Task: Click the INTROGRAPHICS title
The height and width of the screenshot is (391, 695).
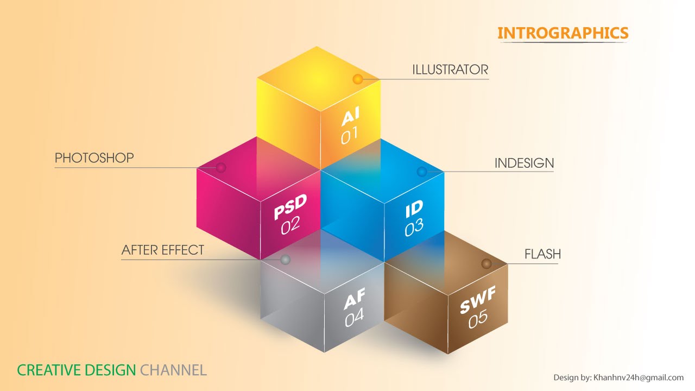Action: (563, 33)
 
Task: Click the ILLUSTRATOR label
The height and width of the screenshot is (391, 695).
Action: (450, 70)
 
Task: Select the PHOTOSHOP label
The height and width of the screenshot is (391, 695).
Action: (94, 158)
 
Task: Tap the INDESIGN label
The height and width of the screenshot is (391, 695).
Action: (524, 163)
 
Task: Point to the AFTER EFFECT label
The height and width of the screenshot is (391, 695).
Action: (163, 250)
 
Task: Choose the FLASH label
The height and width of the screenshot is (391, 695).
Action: (542, 254)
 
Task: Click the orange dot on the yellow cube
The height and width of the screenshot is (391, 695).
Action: (357, 79)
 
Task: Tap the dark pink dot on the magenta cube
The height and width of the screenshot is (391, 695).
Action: (221, 167)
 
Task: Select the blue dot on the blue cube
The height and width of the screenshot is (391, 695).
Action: (421, 172)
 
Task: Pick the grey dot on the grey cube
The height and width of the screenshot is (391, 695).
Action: (285, 260)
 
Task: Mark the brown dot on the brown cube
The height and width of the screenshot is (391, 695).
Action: (486, 263)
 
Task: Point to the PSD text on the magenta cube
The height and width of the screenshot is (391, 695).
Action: (290, 206)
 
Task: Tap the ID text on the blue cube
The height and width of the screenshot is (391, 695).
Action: (414, 210)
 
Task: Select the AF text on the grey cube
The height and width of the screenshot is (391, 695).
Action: (354, 298)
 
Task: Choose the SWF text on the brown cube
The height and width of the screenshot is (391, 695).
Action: (478, 300)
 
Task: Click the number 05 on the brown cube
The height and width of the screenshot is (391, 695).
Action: (478, 319)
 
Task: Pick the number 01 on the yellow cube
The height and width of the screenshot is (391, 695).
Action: (349, 136)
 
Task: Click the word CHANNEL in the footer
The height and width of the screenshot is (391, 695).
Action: (173, 371)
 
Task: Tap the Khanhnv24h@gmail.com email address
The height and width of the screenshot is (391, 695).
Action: (639, 377)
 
